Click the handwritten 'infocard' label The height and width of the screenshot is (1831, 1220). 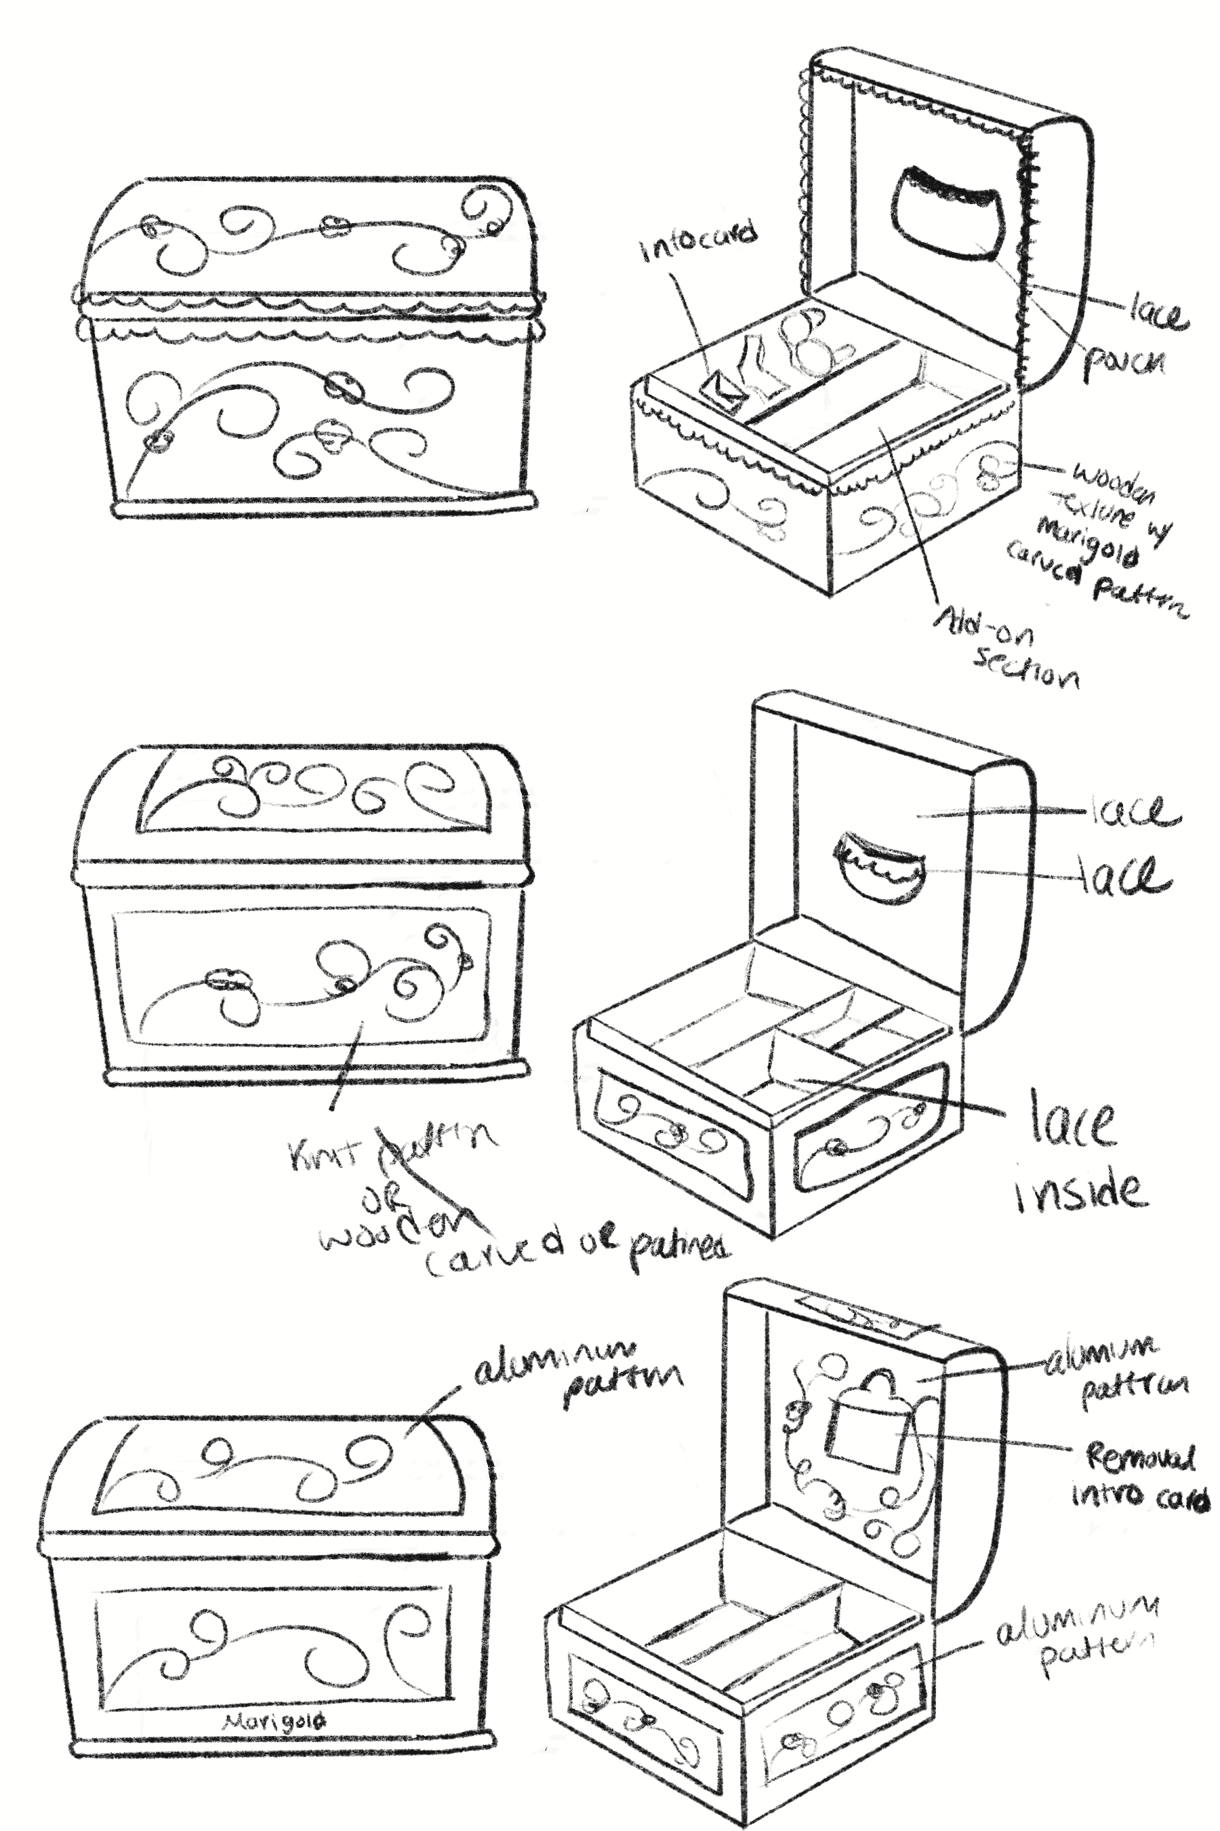(x=698, y=242)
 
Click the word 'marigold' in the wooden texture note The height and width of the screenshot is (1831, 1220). (x=1089, y=542)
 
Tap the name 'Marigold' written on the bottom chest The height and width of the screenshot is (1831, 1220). (x=274, y=1722)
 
